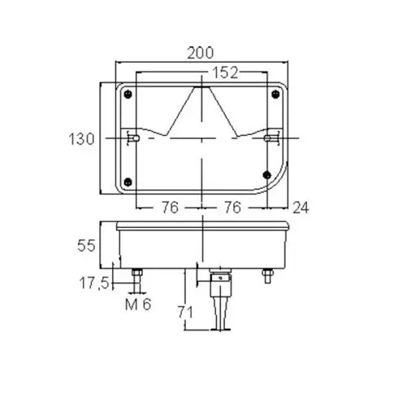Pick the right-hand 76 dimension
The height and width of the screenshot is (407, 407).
coord(232,208)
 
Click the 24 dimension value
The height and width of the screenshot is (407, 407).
coord(300,208)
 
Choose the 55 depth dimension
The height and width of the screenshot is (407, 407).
coord(87,243)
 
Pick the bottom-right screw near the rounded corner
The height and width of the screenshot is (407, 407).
coord(268,175)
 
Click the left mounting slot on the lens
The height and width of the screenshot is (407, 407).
coord(136,139)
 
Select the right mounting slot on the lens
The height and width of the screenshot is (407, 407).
coord(268,139)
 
